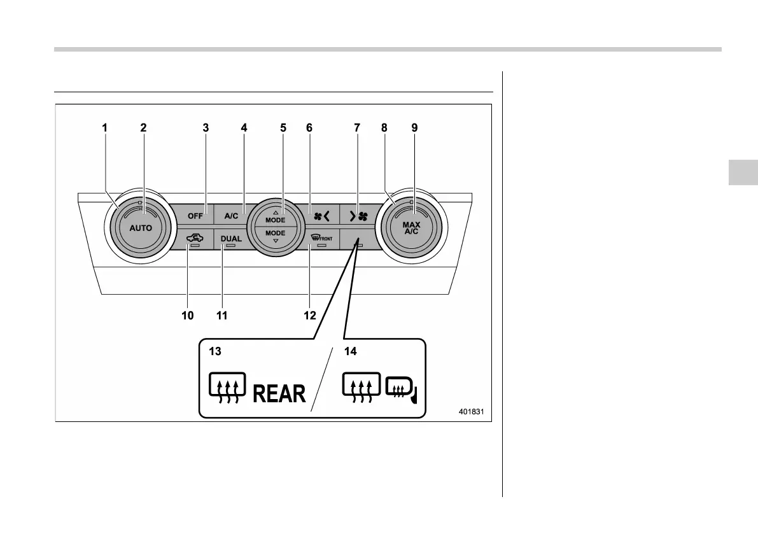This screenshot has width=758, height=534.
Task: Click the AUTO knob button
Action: click(x=141, y=227)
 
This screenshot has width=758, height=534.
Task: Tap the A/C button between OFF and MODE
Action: click(x=230, y=216)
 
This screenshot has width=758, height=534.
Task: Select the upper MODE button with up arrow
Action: click(x=275, y=216)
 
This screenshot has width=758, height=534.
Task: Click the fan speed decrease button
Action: click(x=319, y=216)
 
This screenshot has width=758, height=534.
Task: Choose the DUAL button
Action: click(x=231, y=239)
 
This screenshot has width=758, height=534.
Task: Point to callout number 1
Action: click(x=105, y=128)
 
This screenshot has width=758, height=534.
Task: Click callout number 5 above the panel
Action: click(x=283, y=128)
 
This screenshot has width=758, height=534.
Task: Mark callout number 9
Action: click(x=414, y=128)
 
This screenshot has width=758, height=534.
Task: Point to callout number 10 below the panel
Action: click(x=188, y=316)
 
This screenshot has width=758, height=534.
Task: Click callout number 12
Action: click(x=310, y=316)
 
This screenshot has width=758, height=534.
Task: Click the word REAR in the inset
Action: click(x=279, y=394)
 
